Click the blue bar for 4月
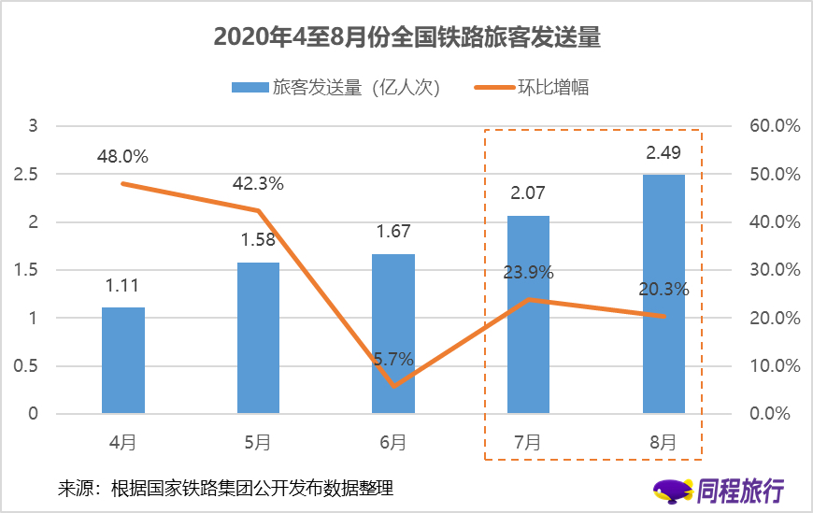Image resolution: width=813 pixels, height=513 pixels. (x=123, y=360)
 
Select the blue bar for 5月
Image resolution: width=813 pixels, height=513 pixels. (x=258, y=337)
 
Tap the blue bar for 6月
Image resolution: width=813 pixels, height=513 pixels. (x=393, y=333)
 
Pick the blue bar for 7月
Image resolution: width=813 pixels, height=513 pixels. (x=528, y=314)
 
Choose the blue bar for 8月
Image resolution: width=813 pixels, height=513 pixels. (x=663, y=293)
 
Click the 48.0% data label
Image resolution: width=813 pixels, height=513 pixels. (x=122, y=156)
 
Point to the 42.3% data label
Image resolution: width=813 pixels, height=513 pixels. (x=258, y=184)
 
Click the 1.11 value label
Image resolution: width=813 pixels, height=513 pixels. (x=123, y=287)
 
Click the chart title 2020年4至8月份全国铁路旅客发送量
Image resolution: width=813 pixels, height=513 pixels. (x=406, y=36)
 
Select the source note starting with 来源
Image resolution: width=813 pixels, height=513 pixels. (x=225, y=487)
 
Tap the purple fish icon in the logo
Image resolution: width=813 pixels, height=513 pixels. (x=672, y=489)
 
